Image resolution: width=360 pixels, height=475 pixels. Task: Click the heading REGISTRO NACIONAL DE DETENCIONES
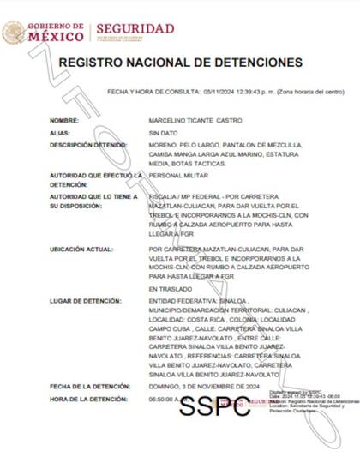[180, 63]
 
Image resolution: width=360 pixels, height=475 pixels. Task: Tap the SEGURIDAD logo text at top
[135, 29]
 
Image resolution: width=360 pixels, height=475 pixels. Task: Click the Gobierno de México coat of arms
[14, 33]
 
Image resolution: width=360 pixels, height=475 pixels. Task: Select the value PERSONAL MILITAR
[177, 175]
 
